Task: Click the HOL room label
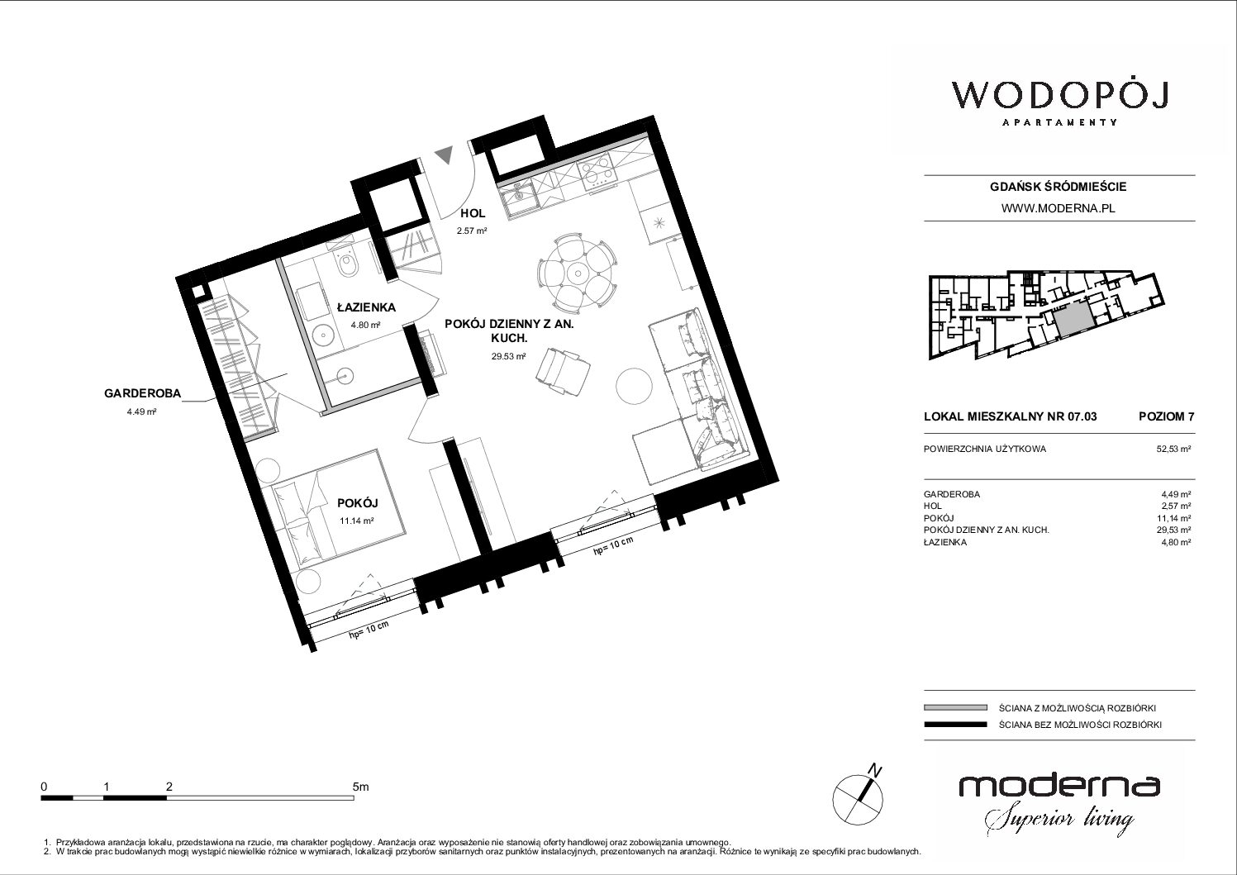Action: point(473,213)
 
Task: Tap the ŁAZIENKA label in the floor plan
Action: point(366,307)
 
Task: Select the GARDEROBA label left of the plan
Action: point(142,393)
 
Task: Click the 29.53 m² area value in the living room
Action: point(508,357)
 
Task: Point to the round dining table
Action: point(578,272)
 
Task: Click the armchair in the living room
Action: point(562,372)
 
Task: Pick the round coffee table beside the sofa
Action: point(634,386)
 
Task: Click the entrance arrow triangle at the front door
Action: point(444,154)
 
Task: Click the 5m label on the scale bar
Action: point(360,786)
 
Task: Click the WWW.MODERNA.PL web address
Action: point(1058,208)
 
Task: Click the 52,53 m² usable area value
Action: point(1173,449)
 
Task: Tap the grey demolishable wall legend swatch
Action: point(955,708)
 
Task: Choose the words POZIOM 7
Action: point(1166,416)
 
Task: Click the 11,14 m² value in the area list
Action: point(1174,518)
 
